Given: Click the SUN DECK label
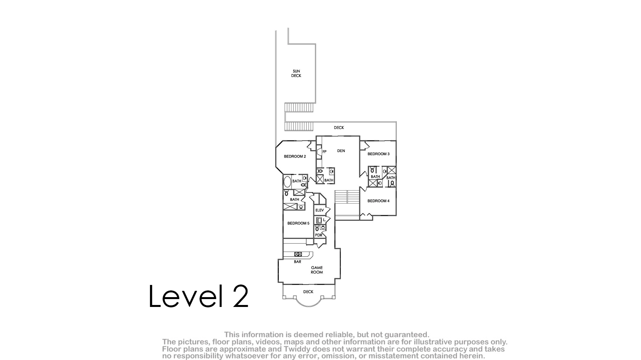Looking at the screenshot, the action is pyautogui.click(x=296, y=73).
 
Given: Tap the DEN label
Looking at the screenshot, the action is pyautogui.click(x=341, y=151).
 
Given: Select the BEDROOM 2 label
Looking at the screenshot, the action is pyautogui.click(x=295, y=156).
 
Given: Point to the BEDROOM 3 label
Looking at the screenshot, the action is pyautogui.click(x=378, y=154).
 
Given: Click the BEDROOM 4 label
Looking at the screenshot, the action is pyautogui.click(x=378, y=201).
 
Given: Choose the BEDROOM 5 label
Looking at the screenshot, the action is pyautogui.click(x=298, y=223).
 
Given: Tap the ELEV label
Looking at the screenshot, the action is pyautogui.click(x=319, y=210).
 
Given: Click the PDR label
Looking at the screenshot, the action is pyautogui.click(x=319, y=235).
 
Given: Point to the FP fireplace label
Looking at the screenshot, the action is pyautogui.click(x=324, y=152).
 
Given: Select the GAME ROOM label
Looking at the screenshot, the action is pyautogui.click(x=317, y=270).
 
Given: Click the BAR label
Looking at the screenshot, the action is pyautogui.click(x=297, y=261).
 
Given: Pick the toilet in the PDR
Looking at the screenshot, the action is pyautogui.click(x=317, y=228).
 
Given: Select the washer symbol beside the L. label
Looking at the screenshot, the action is pyautogui.click(x=319, y=220).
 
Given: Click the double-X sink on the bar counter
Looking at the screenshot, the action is pyautogui.click(x=298, y=254).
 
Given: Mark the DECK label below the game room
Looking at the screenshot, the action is pyautogui.click(x=308, y=292).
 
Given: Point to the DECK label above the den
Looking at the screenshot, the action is pyautogui.click(x=339, y=127).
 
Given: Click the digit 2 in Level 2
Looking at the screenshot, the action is pyautogui.click(x=240, y=296).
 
